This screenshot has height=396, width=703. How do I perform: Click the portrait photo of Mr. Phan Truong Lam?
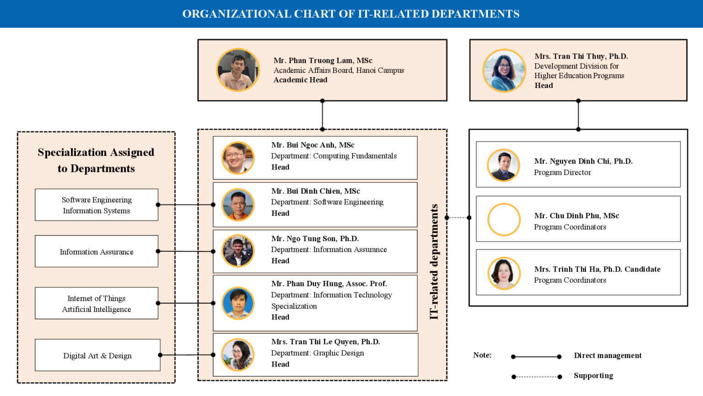tap(238, 70)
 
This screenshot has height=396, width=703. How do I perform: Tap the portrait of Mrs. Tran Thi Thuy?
tap(504, 71)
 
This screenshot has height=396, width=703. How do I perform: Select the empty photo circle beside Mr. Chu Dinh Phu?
tap(504, 220)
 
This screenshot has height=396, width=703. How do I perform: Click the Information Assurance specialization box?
tap(97, 252)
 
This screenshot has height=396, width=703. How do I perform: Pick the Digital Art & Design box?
tap(97, 355)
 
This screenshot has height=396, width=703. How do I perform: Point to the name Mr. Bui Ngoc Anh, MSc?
tap(313, 145)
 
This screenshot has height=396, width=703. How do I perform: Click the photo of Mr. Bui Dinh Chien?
tap(238, 204)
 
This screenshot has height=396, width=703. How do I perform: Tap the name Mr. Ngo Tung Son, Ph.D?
tap(315, 238)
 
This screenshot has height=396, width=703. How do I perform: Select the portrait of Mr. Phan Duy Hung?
tap(238, 303)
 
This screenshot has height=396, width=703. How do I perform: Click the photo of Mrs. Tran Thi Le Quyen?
tap(238, 354)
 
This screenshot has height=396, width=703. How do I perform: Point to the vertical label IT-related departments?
tap(434, 262)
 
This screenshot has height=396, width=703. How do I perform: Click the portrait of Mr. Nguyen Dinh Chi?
tap(503, 165)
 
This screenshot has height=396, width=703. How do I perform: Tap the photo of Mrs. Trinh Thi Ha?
tap(504, 273)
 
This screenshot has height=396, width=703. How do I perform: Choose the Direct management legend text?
tap(607, 355)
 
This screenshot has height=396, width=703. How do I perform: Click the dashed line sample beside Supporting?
tap(536, 377)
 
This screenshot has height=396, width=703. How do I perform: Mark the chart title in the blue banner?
tap(351, 14)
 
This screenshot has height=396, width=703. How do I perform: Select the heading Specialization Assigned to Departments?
tap(96, 160)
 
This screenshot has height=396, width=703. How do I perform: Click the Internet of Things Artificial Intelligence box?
tap(97, 303)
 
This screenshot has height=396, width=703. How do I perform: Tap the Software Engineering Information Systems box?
tap(97, 205)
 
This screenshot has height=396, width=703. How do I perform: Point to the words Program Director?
tap(562, 172)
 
